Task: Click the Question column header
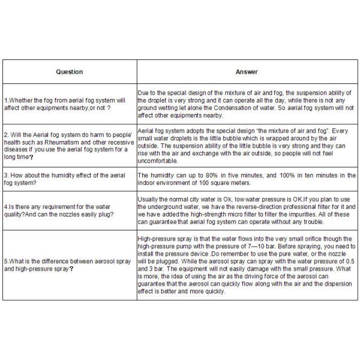click(70, 72)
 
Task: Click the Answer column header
click(247, 72)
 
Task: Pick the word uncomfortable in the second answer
click(158, 161)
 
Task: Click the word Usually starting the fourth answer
click(149, 199)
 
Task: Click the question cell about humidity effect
click(70, 179)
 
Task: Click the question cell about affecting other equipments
click(70, 104)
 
